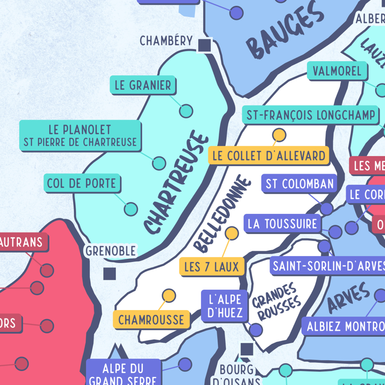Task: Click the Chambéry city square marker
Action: coord(204,45)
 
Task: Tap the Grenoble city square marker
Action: coord(110,273)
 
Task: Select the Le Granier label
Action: coord(142,85)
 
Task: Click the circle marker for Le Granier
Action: coord(186,111)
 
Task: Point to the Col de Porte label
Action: coord(82,184)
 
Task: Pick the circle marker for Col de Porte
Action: coord(130,208)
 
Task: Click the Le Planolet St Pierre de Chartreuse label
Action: coord(80,136)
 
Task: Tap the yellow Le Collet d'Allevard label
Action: coord(268,155)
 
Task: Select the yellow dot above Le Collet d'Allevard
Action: coord(279,135)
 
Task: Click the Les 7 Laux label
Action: coord(211,267)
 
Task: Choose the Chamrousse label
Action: coord(151,320)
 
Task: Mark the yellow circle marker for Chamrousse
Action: coord(169,296)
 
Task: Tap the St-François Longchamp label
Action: coord(311,116)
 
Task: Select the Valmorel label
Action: coord(337,71)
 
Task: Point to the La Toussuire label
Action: coord(282,224)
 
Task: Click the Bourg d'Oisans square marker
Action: coord(247,349)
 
